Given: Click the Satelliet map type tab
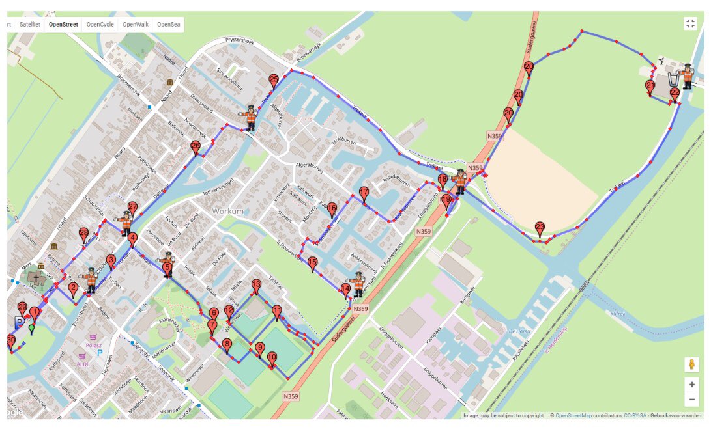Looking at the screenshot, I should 29,25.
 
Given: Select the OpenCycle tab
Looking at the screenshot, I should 100,25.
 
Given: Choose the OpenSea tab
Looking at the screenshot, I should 169,25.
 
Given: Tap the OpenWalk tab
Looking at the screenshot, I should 136,25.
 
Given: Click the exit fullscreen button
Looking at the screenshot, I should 691,24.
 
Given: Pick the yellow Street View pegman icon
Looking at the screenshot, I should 691,364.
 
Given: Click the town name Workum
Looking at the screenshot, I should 227,212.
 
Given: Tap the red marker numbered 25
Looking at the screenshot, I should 274,81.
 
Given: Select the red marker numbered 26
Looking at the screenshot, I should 196,148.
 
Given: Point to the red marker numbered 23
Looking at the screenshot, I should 540,228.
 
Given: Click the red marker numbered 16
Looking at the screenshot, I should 332,208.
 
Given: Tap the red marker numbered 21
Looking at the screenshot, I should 650,87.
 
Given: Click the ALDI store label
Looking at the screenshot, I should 83,364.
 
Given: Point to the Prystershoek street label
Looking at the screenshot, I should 239,40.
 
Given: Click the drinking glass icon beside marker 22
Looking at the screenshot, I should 673,79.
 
